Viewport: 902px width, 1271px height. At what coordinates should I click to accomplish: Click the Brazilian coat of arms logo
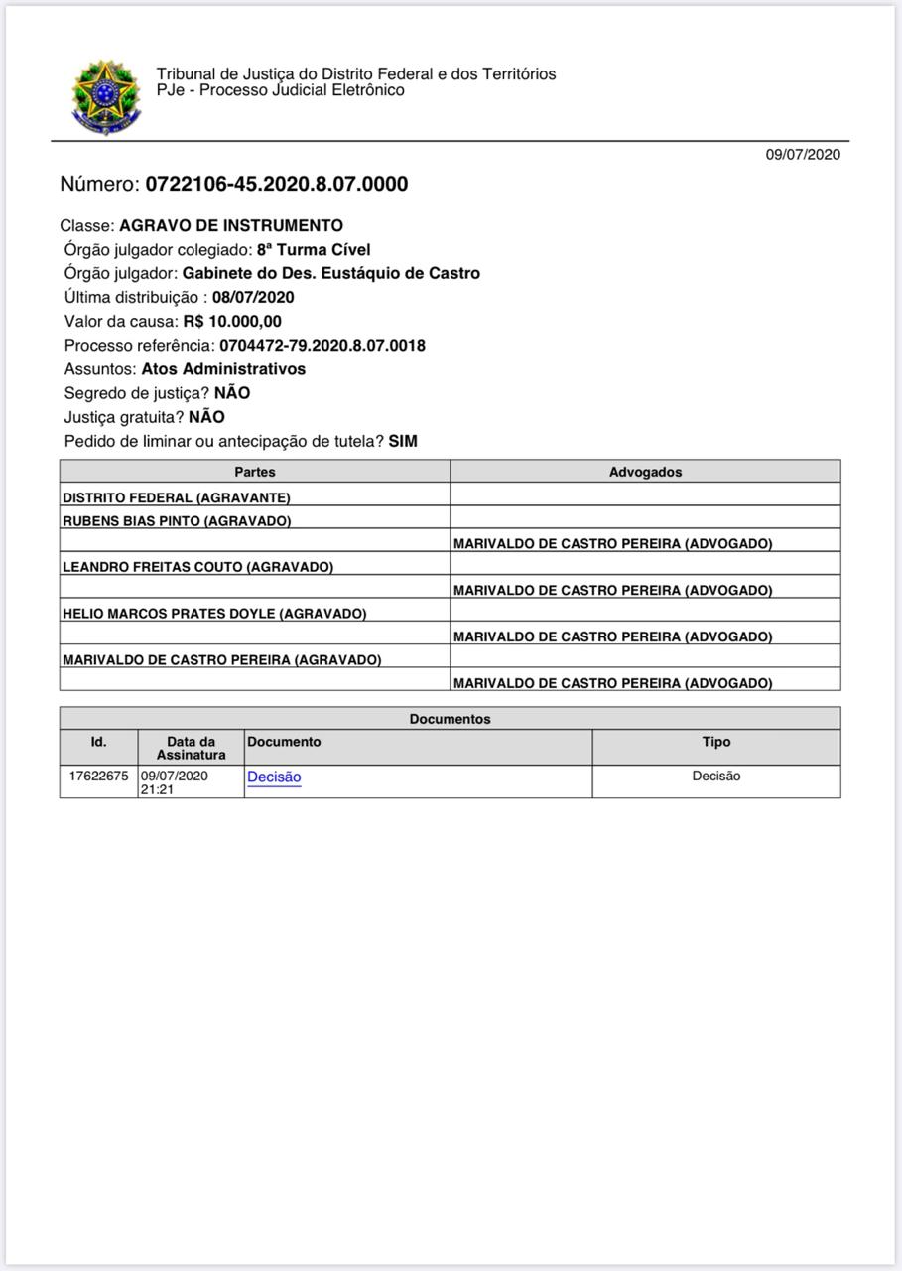pos(106,96)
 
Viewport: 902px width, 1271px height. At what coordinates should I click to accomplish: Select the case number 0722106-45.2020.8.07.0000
pos(276,184)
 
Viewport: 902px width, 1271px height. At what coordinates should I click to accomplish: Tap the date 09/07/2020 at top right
pos(802,154)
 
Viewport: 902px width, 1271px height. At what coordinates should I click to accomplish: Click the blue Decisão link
pos(274,777)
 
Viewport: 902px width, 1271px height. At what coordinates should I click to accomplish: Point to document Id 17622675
pos(98,776)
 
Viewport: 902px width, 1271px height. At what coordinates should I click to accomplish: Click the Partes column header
pos(255,472)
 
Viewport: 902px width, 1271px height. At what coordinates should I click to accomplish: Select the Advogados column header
pos(645,472)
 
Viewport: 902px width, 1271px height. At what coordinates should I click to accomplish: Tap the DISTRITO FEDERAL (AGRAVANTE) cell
pos(177,497)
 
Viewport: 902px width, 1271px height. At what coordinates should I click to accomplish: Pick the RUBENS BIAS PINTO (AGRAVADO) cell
pos(177,520)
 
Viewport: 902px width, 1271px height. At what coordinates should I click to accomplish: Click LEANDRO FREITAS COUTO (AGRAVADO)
pos(197,567)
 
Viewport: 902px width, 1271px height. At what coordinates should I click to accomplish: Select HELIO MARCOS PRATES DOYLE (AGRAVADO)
pos(214,614)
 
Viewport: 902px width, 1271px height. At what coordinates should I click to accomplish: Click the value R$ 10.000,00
pos(232,321)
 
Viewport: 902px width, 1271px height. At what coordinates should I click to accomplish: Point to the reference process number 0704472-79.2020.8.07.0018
pos(322,345)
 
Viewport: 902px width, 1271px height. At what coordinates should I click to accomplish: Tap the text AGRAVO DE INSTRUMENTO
pos(231,225)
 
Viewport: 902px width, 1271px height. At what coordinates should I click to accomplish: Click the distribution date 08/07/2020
pos(253,297)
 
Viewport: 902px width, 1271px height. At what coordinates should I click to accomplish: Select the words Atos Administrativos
pos(223,368)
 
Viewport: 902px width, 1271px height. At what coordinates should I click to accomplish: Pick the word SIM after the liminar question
pos(403,441)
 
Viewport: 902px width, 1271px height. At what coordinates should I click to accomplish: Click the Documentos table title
pos(450,719)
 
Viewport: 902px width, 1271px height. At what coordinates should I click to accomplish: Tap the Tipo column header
pos(715,742)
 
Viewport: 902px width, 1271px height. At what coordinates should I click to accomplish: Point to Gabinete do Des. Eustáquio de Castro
pos(330,273)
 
